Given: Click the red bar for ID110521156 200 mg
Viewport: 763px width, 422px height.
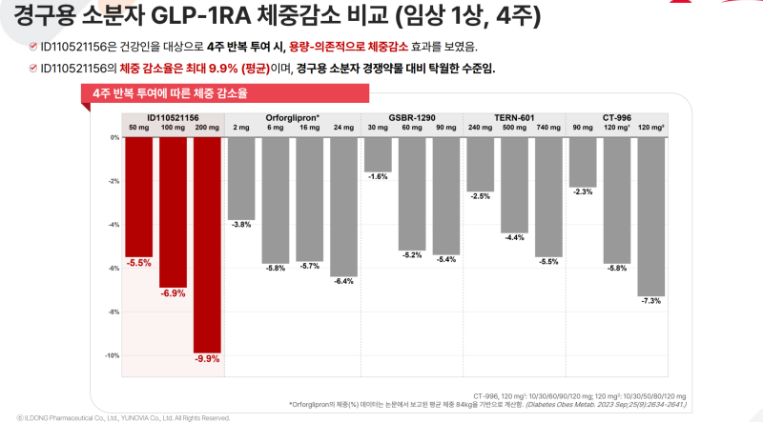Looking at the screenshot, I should click(207, 244).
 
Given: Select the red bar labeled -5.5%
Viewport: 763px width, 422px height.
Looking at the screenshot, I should click(139, 196).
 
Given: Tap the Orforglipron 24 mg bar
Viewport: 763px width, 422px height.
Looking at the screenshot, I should click(343, 206).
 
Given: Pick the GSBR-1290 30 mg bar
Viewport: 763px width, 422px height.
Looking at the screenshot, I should click(378, 153).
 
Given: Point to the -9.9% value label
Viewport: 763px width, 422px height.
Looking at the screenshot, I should click(207, 359).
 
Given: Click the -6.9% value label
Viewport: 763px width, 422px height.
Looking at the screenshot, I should click(173, 293).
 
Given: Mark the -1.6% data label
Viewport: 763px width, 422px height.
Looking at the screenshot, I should click(378, 177).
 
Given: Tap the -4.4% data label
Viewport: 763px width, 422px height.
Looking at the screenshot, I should click(514, 237).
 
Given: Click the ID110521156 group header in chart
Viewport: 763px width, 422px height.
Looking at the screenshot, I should click(173, 116).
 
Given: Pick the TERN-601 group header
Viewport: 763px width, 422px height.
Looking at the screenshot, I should click(514, 116).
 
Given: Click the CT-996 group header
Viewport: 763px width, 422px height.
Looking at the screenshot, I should click(617, 116).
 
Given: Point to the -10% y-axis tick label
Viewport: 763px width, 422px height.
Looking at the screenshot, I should click(113, 356).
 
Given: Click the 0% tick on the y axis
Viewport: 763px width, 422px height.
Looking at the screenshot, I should click(114, 137).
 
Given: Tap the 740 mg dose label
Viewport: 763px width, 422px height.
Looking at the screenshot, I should click(548, 127).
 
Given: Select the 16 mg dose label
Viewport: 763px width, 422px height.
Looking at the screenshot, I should click(309, 127).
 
